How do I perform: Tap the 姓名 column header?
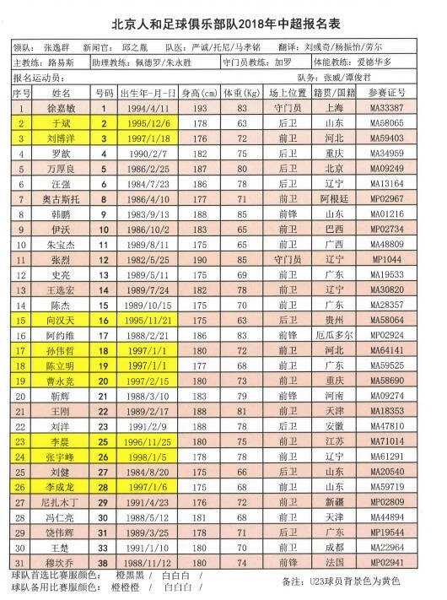click(x=62, y=92)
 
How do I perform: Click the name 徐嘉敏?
click(x=62, y=108)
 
